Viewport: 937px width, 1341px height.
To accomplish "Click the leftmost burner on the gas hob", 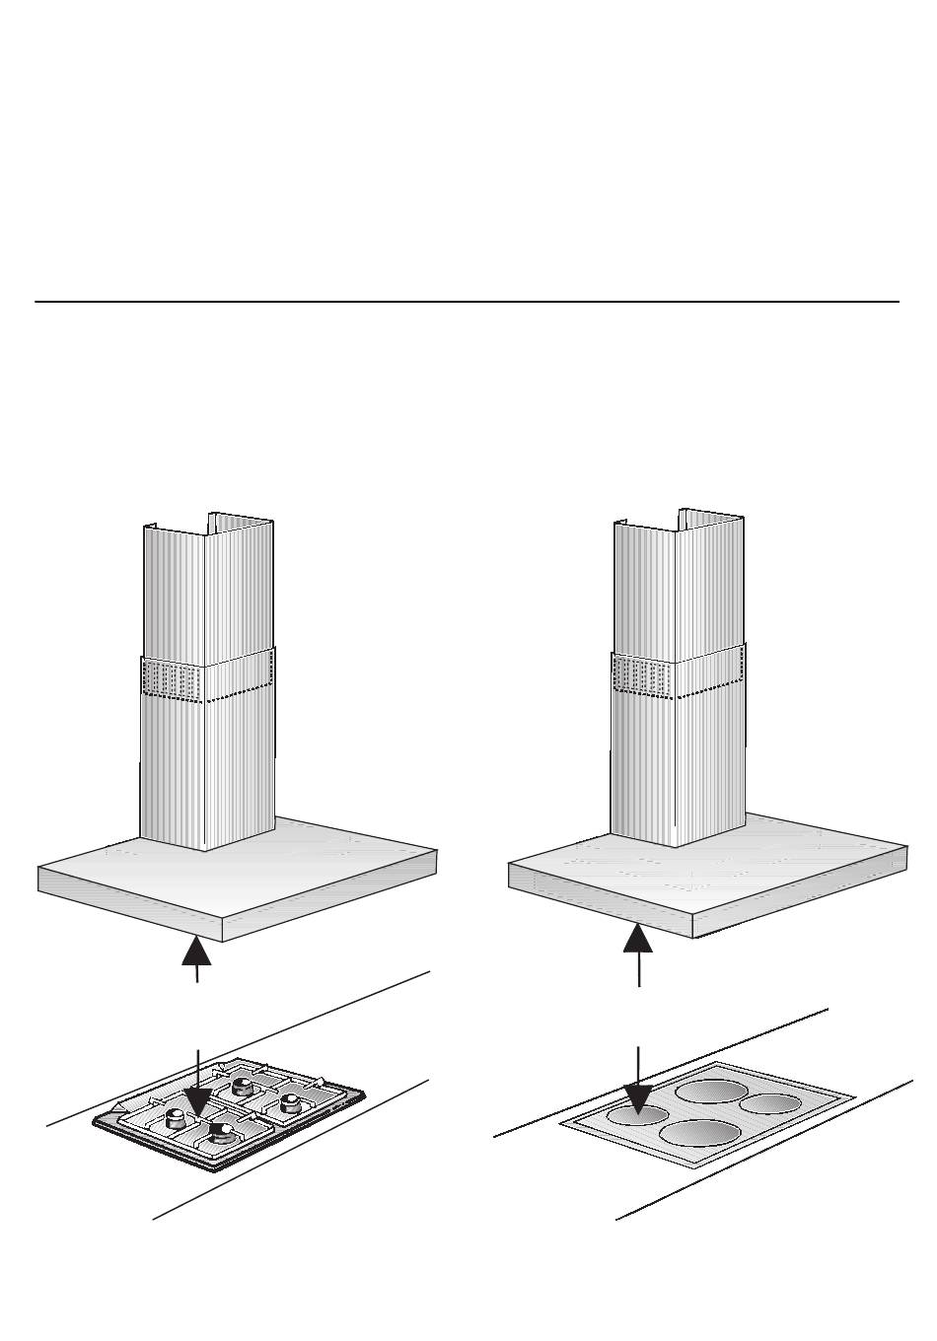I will [x=176, y=1117].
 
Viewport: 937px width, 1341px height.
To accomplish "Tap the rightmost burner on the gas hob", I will [x=290, y=1101].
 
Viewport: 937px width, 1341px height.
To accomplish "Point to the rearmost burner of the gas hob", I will [x=240, y=1086].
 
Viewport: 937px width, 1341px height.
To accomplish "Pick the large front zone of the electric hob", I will [x=699, y=1133].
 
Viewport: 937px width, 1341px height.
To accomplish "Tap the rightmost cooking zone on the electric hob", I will [x=769, y=1103].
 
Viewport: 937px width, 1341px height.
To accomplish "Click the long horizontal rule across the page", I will [x=468, y=302].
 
